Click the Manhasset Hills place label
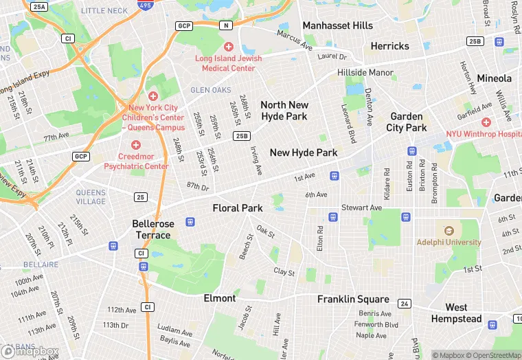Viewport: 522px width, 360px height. [338, 25]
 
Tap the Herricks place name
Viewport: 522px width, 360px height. [389, 46]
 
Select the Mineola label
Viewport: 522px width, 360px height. [495, 78]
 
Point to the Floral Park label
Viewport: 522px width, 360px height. [238, 207]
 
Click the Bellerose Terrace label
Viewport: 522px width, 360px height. [153, 229]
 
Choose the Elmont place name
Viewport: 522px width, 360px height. [220, 298]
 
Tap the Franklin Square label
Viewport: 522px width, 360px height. [353, 300]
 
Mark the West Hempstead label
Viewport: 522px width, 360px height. [456, 313]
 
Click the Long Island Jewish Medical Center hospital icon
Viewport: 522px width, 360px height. [229, 46]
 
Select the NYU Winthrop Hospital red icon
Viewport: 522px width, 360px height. [486, 122]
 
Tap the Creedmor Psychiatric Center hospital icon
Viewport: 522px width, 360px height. [136, 145]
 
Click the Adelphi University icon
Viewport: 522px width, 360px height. [449, 231]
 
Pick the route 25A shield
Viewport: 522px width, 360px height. [39, 6]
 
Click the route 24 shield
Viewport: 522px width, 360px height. [405, 303]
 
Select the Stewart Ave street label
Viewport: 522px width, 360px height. [362, 207]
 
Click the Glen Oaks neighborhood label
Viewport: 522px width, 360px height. [210, 90]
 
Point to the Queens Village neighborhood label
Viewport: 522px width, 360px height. [91, 196]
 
